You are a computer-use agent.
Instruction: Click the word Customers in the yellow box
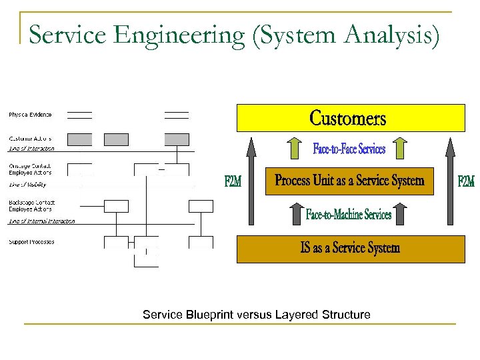[348, 119]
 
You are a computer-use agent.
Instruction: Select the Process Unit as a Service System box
[349, 181]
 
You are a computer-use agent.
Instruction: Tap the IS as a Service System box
[350, 248]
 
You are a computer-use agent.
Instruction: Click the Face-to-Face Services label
[349, 149]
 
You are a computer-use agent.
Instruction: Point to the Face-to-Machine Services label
[349, 214]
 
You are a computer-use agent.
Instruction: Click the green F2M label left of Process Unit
[233, 181]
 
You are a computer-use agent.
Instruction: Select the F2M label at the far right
[465, 181]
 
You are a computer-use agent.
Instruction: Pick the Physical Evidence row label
[30, 115]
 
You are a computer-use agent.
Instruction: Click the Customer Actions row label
[30, 139]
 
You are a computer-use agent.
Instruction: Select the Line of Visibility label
[27, 184]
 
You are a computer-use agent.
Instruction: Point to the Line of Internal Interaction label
[41, 221]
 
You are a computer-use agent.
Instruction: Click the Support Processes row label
[31, 242]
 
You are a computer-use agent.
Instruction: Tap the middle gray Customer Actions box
[116, 139]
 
